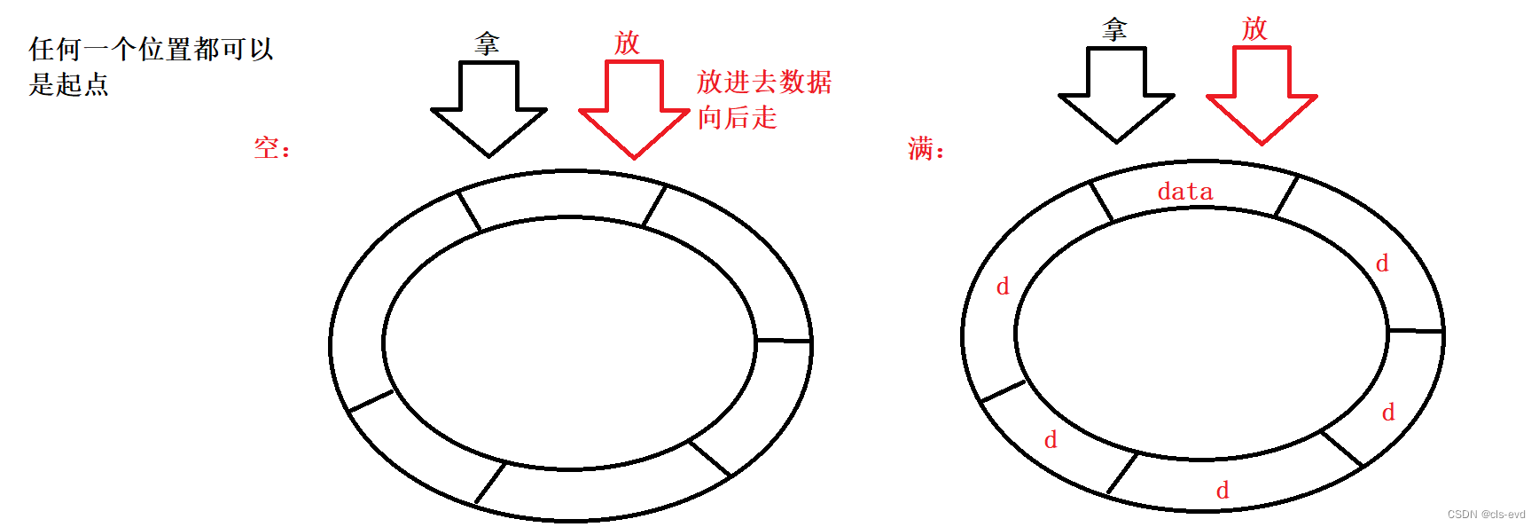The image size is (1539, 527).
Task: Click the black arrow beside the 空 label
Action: pyautogui.click(x=488, y=107)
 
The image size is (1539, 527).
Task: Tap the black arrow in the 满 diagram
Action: pyautogui.click(x=1116, y=93)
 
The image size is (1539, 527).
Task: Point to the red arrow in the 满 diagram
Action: pyautogui.click(x=1262, y=94)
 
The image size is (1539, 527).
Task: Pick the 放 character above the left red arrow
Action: pyautogui.click(x=627, y=43)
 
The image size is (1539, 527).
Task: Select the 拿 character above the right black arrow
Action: pyautogui.click(x=1114, y=30)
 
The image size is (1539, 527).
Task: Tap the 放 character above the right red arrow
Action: pyautogui.click(x=1254, y=28)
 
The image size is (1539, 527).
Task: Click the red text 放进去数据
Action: pyautogui.click(x=764, y=82)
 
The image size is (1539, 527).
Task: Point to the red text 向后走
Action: pyautogui.click(x=737, y=117)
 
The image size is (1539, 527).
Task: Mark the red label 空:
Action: pyautogui.click(x=272, y=147)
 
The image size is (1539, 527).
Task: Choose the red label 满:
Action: pyautogui.click(x=926, y=148)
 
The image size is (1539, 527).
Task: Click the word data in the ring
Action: pyautogui.click(x=1184, y=192)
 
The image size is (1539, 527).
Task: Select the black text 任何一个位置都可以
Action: pyautogui.click(x=151, y=49)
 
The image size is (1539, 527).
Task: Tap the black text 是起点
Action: pyautogui.click(x=68, y=84)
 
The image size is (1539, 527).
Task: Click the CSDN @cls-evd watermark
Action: pyautogui.click(x=1486, y=515)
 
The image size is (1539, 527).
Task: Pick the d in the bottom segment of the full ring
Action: pyautogui.click(x=1223, y=491)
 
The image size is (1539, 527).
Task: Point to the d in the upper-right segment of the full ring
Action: pyautogui.click(x=1381, y=263)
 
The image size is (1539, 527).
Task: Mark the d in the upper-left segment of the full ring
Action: pyautogui.click(x=1003, y=287)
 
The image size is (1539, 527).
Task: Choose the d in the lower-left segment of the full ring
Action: pyautogui.click(x=1051, y=440)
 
